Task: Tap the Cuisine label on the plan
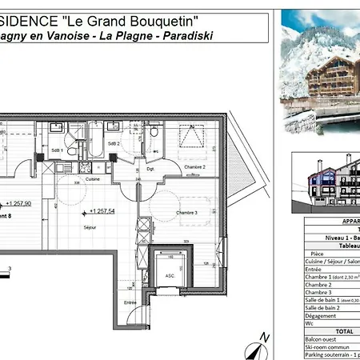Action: tap(93, 179)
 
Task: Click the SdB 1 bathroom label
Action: tap(58, 150)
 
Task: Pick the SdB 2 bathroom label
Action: tap(114, 143)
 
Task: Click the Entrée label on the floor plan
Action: tap(130, 302)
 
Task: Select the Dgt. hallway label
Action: tap(150, 170)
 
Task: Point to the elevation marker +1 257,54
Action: tap(104, 210)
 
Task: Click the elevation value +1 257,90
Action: tap(18, 204)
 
